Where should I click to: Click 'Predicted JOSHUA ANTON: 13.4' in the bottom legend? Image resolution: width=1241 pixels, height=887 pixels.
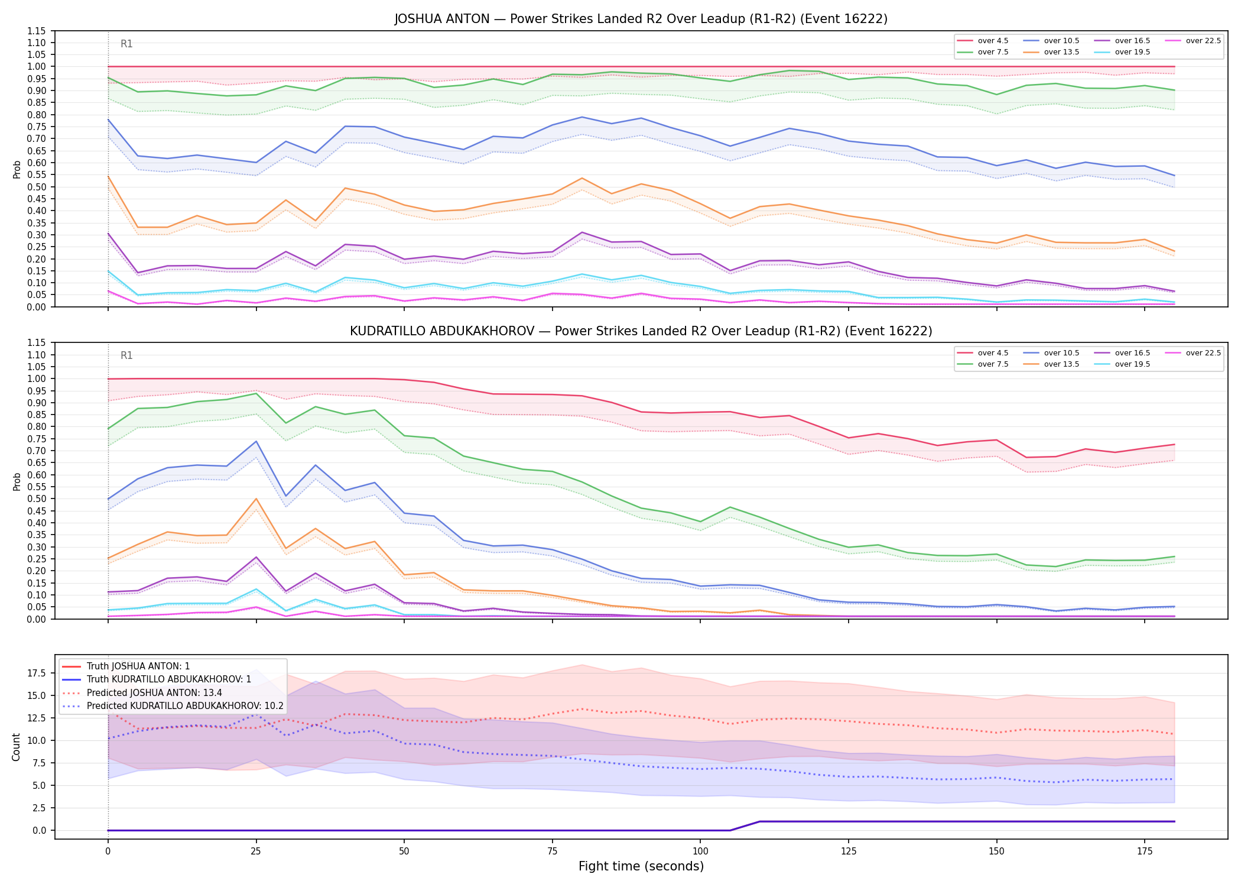pos(154,692)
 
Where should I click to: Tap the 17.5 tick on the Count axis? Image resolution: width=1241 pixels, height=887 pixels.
pos(39,673)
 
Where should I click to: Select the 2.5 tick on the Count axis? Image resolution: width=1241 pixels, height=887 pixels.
pos(41,808)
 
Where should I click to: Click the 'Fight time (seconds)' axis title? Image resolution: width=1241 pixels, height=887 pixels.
pos(641,866)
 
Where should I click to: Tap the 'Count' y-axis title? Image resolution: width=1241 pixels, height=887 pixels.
pos(16,747)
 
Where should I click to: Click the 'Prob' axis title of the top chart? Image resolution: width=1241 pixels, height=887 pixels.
pos(17,169)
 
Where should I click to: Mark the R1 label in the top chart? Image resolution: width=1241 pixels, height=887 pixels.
pos(126,44)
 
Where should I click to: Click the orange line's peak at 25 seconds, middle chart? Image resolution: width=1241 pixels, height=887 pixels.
pos(256,498)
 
